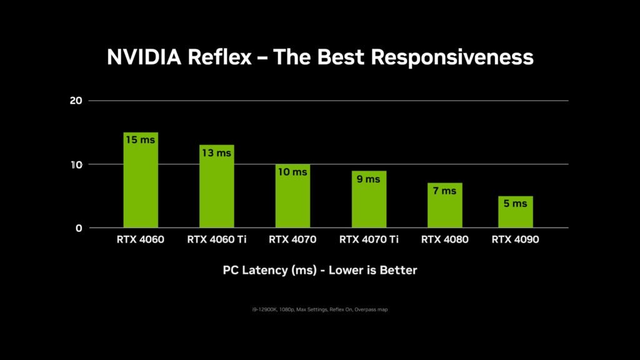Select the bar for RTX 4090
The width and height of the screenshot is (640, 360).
tap(516, 216)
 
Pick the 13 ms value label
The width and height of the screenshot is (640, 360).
tap(216, 153)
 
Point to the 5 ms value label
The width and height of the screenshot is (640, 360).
tap(516, 204)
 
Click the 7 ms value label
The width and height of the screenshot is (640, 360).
tap(444, 191)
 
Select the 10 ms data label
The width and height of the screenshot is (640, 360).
tap(292, 172)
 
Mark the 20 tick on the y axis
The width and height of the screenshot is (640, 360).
tap(77, 101)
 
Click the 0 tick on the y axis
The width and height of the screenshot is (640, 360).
tap(79, 228)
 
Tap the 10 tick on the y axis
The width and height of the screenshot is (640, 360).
tap(77, 164)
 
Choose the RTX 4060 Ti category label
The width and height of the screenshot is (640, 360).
tap(216, 239)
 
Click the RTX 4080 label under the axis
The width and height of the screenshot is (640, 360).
tap(444, 239)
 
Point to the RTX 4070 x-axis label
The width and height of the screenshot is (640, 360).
tap(292, 239)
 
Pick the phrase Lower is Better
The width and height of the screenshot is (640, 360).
tap(372, 271)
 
